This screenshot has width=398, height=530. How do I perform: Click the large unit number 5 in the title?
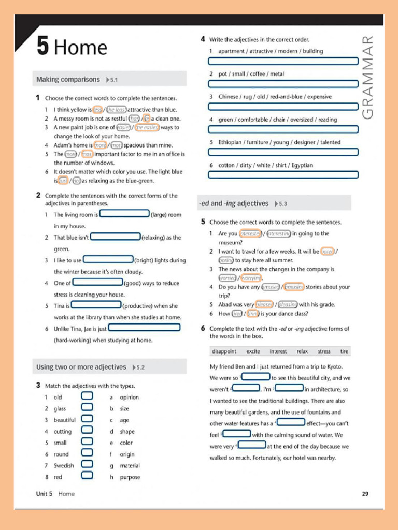(x=42, y=47)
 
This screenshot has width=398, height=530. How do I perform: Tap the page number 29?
(x=365, y=494)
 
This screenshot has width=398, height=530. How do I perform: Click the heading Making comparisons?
(x=68, y=80)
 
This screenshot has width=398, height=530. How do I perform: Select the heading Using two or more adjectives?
(x=81, y=367)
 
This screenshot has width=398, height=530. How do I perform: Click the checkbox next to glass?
(x=87, y=408)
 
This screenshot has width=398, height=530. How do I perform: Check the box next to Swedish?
(x=87, y=465)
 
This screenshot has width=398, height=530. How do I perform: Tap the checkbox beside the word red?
(x=87, y=477)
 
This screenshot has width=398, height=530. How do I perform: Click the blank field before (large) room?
(x=124, y=214)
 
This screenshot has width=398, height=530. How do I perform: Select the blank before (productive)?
(x=96, y=305)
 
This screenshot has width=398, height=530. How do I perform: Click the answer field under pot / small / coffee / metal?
(x=283, y=84)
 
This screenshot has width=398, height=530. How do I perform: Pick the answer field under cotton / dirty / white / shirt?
(x=283, y=175)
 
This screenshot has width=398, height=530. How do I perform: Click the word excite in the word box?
(x=253, y=351)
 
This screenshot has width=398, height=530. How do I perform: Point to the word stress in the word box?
(x=324, y=351)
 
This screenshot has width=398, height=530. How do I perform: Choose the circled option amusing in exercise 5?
(x=293, y=287)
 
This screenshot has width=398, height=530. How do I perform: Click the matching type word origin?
(x=127, y=454)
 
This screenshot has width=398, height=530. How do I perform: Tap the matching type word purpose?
(x=130, y=477)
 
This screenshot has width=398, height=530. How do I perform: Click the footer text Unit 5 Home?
(x=55, y=494)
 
